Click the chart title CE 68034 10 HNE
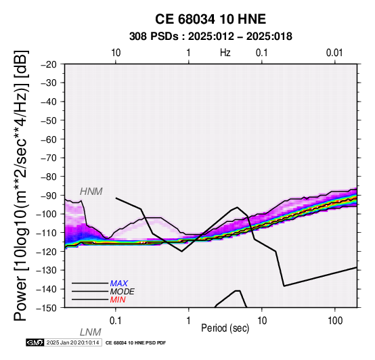[211, 19]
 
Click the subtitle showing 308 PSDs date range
[211, 37]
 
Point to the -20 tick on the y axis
[49, 64]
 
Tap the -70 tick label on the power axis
[49, 158]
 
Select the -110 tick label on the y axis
[47, 233]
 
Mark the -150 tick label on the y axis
[47, 308]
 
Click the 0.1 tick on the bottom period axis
[116, 321]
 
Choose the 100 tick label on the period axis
[335, 321]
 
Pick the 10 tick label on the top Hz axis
[116, 53]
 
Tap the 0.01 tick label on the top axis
[334, 53]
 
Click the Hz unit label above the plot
[225, 53]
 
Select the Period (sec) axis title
[225, 328]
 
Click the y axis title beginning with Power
[21, 185]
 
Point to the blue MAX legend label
[118, 284]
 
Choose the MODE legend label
[122, 292]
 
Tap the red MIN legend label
[118, 300]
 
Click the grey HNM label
[91, 192]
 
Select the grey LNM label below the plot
[91, 332]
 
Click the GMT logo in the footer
[35, 342]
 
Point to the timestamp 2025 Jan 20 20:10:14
[72, 342]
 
